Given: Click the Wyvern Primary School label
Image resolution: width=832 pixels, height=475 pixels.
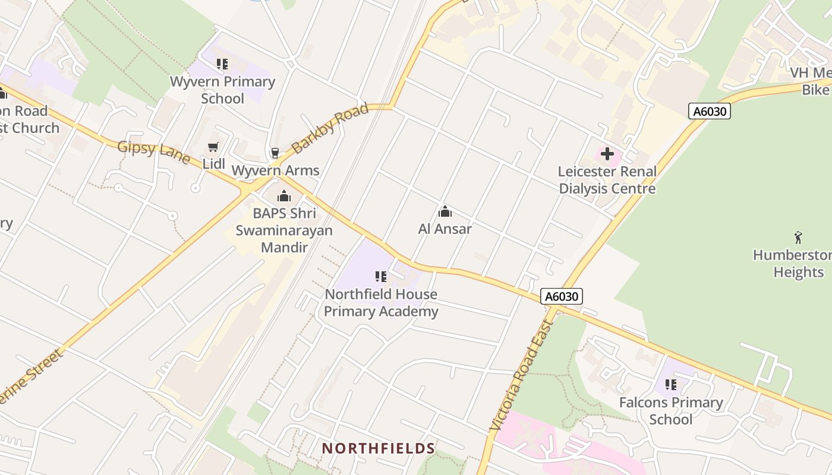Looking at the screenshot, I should point(222,90).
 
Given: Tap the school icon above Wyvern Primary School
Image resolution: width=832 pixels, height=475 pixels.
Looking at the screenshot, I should point(222,64).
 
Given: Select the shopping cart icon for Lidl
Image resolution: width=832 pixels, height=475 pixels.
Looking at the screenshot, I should point(213,147).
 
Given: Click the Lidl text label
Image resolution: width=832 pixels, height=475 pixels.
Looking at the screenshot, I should point(214,163).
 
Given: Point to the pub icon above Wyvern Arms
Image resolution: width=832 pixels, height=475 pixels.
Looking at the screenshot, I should point(275,153).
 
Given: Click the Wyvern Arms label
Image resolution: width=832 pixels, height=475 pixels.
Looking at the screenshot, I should point(275,170).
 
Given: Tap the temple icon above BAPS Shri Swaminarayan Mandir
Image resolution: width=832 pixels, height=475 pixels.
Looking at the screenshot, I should point(284,196).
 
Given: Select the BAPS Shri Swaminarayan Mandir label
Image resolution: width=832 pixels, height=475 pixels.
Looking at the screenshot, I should point(284,230).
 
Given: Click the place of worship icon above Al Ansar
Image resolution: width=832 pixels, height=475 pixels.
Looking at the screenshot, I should point(445,211).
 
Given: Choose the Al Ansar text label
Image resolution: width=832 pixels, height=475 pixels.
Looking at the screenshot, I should point(445,229).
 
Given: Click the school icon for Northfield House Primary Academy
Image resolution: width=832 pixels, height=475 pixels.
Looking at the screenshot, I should point(381,277).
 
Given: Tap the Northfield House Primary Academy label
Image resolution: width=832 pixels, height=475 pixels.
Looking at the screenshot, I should point(381,303).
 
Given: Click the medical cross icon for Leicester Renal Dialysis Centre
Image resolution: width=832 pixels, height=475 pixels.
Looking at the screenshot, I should point(607,154).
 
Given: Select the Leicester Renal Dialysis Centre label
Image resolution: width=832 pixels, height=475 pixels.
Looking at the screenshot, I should point(607,180).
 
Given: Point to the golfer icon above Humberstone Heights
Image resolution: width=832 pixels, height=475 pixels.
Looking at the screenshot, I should point(798,237).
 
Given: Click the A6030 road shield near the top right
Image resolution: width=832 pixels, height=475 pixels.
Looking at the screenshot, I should point(709,111).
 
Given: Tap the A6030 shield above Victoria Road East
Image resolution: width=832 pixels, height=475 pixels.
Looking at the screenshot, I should point(562,296).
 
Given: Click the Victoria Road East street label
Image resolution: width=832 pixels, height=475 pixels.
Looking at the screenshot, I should point(521,376).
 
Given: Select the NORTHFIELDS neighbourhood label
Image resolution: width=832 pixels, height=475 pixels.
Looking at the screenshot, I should point(379,448).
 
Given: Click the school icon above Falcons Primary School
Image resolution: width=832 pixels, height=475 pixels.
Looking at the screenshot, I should point(671,385).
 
